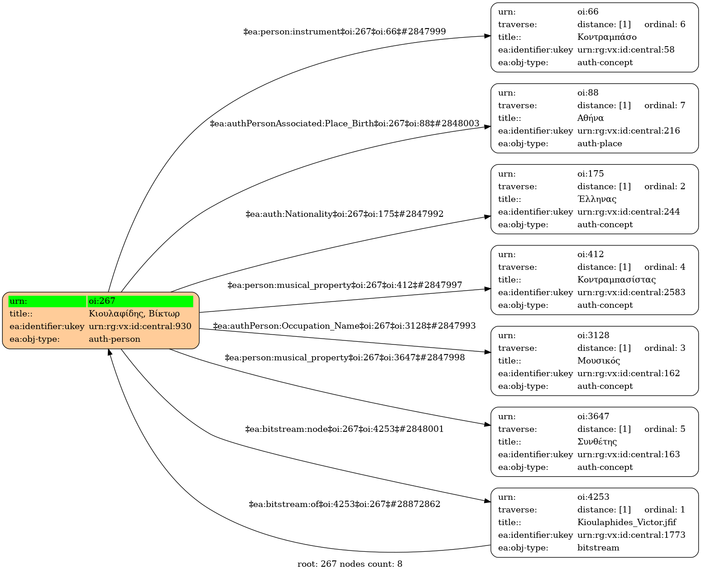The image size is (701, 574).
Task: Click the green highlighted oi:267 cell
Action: point(140,301)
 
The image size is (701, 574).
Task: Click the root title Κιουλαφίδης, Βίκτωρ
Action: point(134,314)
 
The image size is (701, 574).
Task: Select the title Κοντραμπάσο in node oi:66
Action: point(607,37)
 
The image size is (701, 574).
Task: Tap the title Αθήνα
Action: point(591,118)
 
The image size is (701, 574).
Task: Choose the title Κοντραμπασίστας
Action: point(616,280)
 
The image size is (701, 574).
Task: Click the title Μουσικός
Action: point(599,361)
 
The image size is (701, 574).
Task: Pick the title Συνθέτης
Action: point(597,442)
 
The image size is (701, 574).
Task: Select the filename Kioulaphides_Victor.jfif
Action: point(627,522)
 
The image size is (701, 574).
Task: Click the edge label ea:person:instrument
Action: point(345,32)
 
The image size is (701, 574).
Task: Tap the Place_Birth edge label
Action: point(345,124)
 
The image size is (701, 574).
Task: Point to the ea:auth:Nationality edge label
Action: point(345,214)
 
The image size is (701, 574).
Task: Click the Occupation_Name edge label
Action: point(345,326)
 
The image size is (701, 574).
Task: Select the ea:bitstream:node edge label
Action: point(345,429)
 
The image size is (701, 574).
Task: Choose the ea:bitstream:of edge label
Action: point(345,504)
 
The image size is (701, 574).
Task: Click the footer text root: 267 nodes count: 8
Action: point(350,564)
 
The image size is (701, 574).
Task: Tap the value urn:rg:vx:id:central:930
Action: point(140,326)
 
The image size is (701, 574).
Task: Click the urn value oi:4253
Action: point(591,497)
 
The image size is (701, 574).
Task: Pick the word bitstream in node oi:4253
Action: point(598,548)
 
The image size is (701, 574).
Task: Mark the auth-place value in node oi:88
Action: point(600,143)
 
